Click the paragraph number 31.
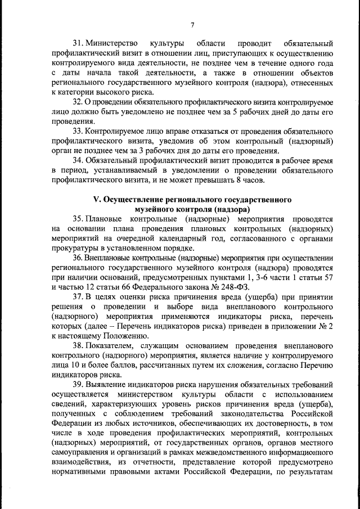pyautogui.click(x=79, y=43)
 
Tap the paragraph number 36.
pyautogui.click(x=79, y=258)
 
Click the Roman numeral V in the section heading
pyautogui.click(x=96, y=200)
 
